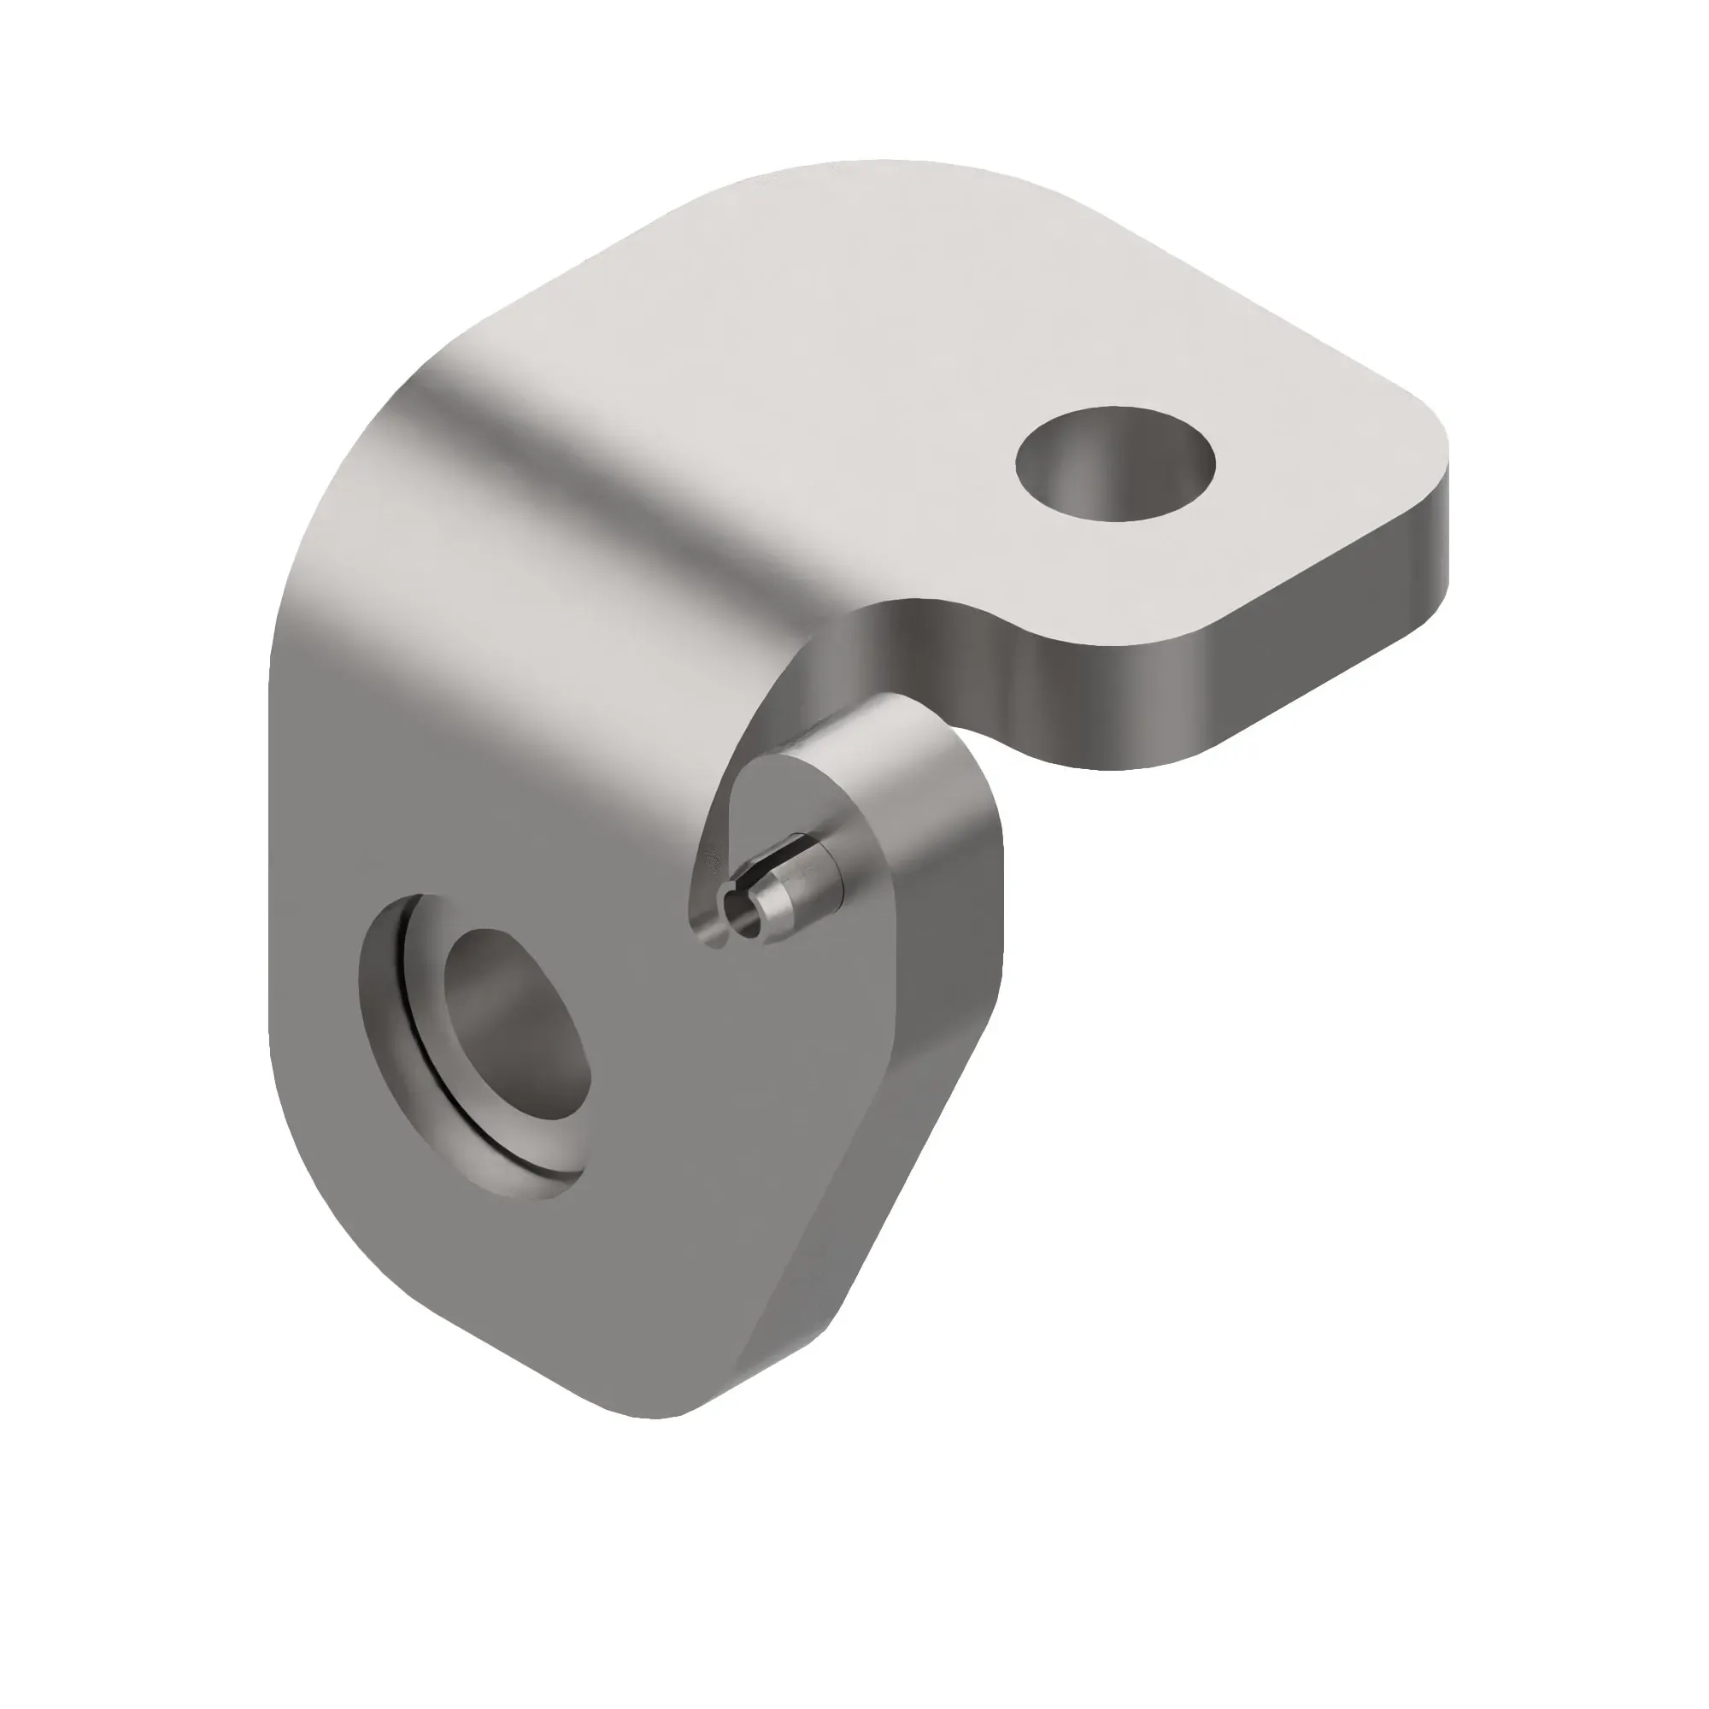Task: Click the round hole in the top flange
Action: [x=1116, y=463]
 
